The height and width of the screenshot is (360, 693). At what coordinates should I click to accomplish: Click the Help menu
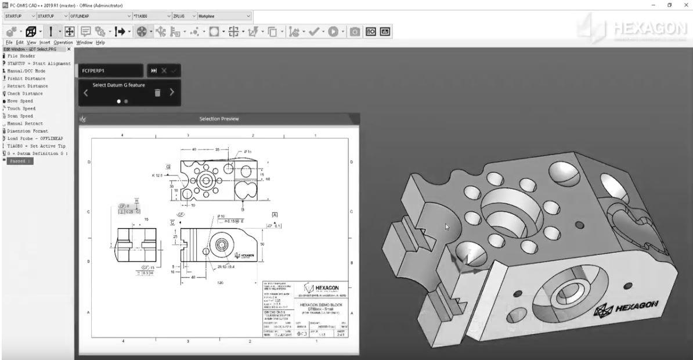pyautogui.click(x=100, y=42)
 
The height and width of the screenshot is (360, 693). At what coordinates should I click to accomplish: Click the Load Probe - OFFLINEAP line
pyautogui.click(x=37, y=139)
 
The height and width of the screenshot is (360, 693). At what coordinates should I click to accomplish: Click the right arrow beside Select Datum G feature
pyautogui.click(x=172, y=92)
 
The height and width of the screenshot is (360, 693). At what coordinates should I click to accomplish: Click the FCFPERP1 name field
pyautogui.click(x=110, y=70)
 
